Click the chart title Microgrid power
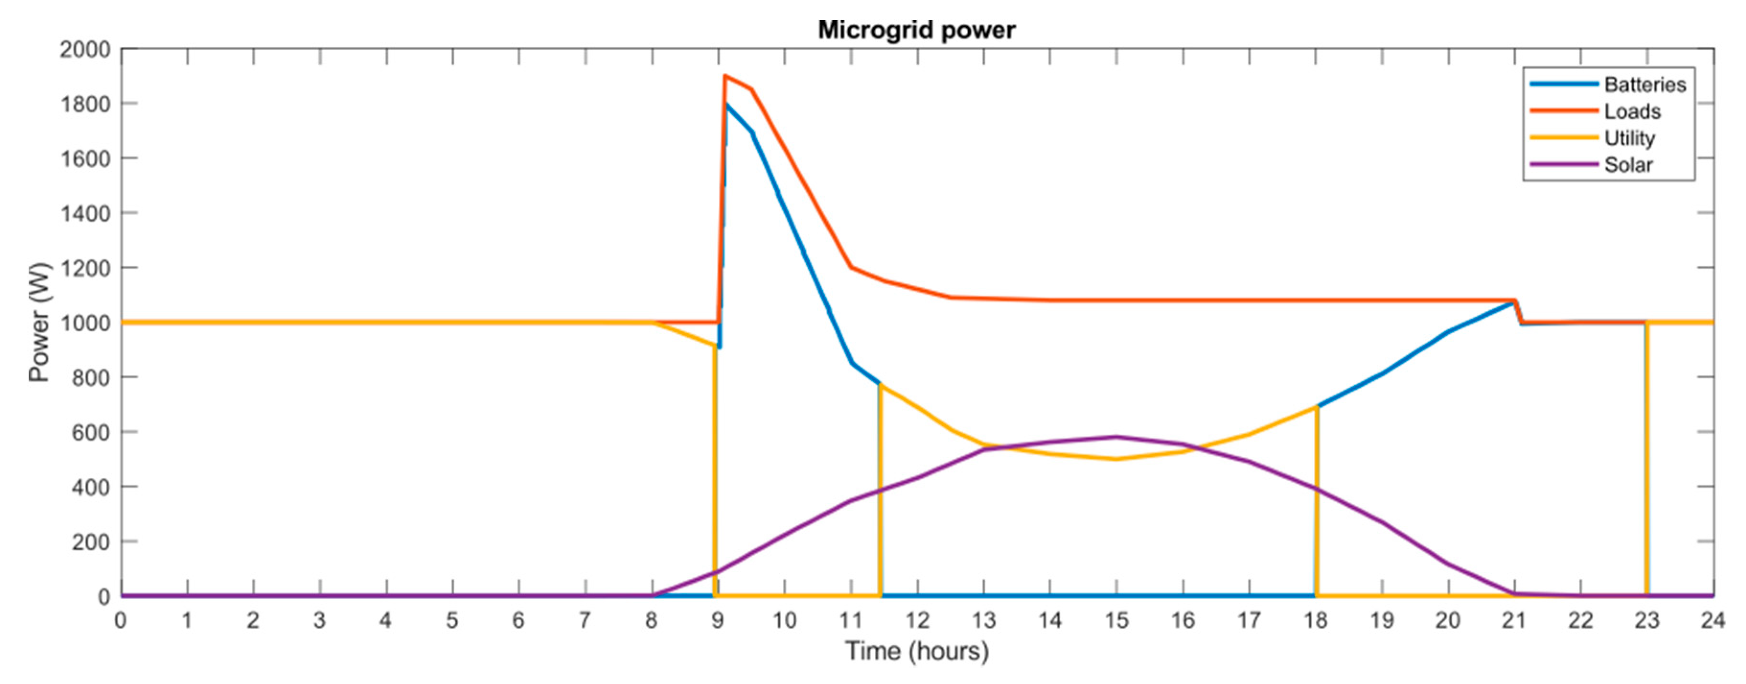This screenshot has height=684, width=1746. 917,30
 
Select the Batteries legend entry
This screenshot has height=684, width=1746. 1645,85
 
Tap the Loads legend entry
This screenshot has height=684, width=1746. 1632,111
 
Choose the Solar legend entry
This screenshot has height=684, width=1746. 1628,165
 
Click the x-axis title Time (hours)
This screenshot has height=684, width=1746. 917,651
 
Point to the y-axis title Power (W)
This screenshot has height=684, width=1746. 39,322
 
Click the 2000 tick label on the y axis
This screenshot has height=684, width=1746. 85,49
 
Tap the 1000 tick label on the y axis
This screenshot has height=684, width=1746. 85,323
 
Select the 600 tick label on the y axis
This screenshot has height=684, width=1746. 91,432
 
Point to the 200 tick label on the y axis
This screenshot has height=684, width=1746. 91,542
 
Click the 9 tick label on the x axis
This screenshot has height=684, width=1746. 717,620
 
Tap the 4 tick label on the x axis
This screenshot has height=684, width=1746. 386,620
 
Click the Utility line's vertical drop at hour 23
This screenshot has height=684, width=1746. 1646,461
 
